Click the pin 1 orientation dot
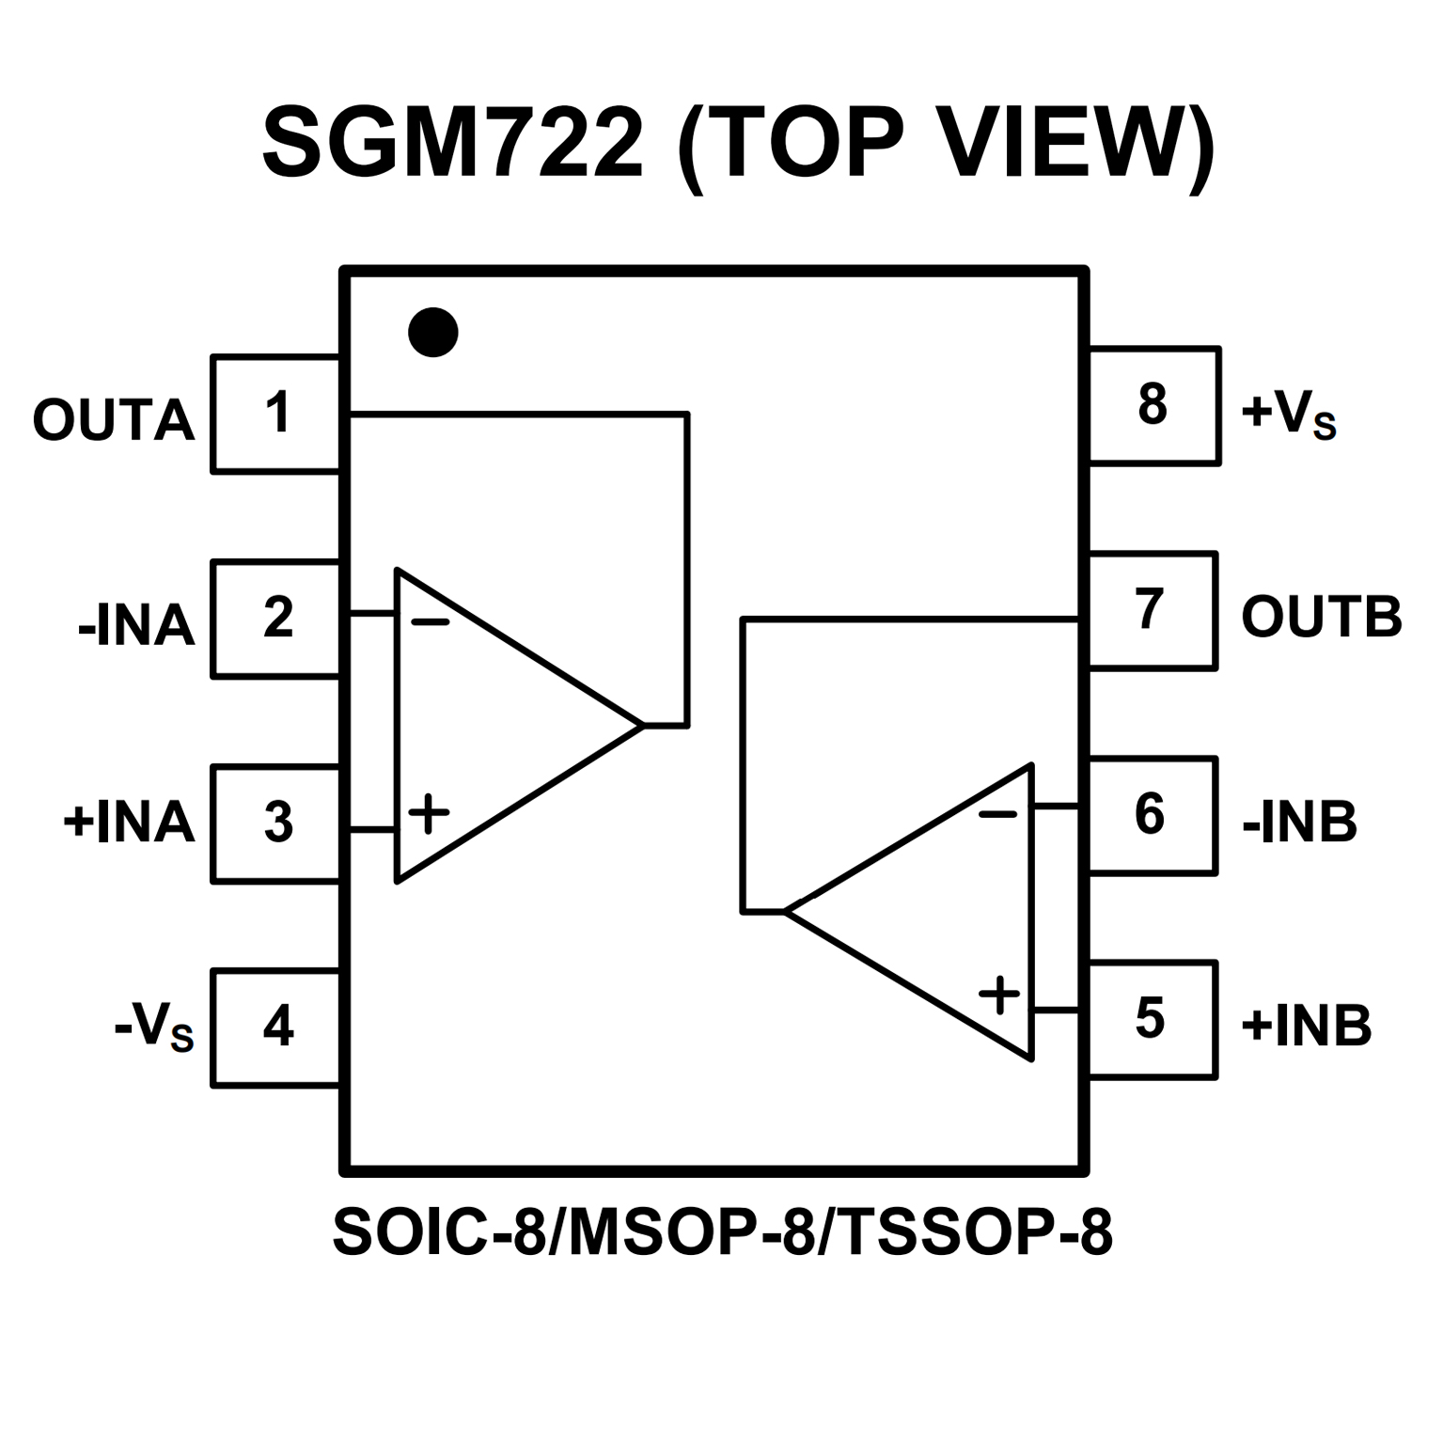(x=433, y=333)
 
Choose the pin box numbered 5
(x=1152, y=1020)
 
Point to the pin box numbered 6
(x=1152, y=815)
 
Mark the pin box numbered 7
(x=1152, y=610)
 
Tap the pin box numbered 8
(x=1153, y=405)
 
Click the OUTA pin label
(x=113, y=420)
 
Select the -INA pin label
(x=135, y=625)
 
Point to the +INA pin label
(x=129, y=823)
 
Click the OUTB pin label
(x=1321, y=618)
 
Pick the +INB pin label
(x=1306, y=1026)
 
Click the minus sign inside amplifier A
(x=431, y=621)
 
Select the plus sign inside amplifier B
(x=998, y=994)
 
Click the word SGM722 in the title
(x=453, y=143)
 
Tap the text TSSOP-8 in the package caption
(x=972, y=1232)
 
